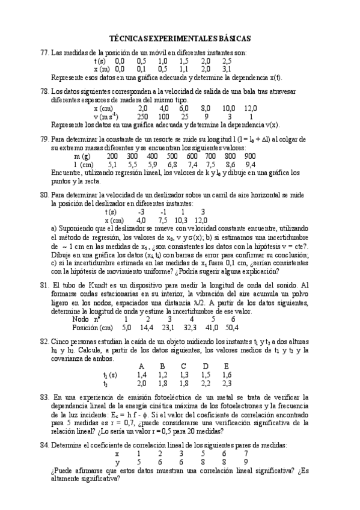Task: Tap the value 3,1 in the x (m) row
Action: tap(227, 69)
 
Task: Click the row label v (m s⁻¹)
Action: tap(106, 116)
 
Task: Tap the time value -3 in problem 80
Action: tap(141, 212)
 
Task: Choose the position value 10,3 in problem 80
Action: tap(181, 220)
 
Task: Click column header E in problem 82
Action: tap(227, 366)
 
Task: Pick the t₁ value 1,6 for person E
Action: tap(227, 374)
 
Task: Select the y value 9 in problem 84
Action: tap(246, 461)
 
